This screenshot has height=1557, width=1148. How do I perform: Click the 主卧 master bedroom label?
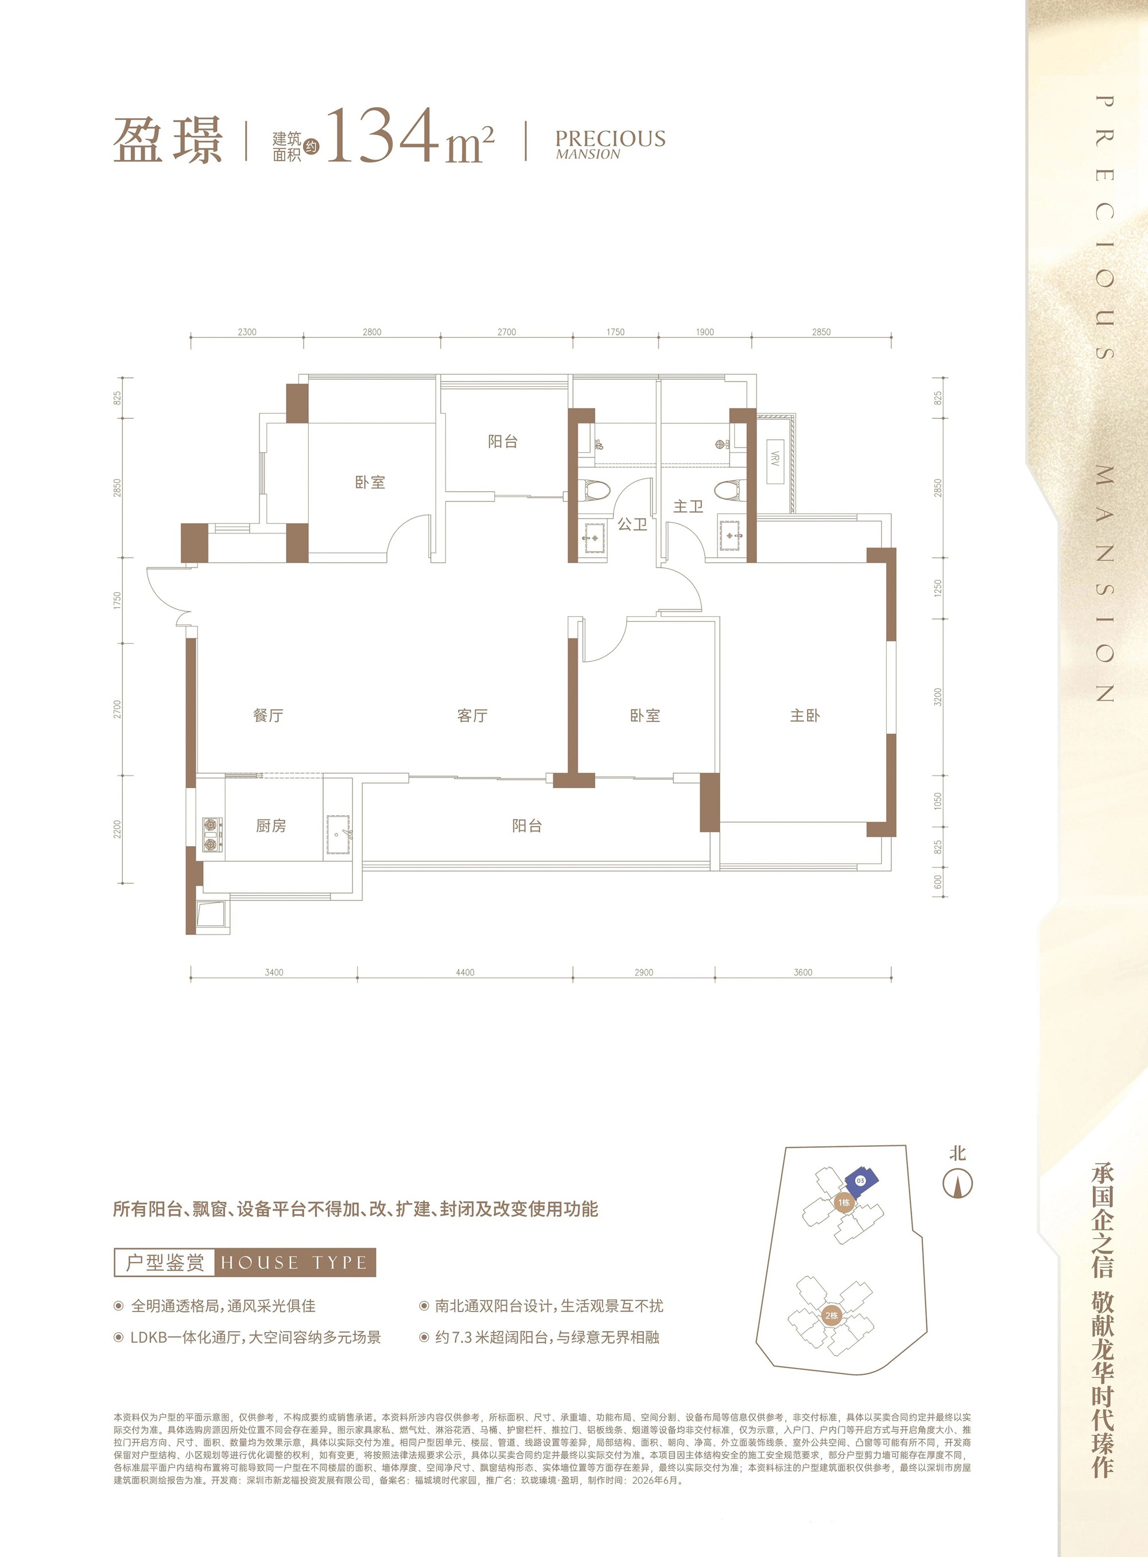tap(805, 715)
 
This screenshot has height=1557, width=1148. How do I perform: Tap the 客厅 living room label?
tap(472, 715)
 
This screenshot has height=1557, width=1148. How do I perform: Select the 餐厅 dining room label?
tap(268, 715)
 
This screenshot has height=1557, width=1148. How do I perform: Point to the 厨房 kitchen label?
tap(271, 826)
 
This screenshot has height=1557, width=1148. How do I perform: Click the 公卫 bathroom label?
tap(633, 524)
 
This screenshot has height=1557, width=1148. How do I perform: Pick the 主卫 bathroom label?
tap(688, 506)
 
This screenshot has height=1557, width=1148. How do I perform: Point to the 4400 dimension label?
tap(465, 972)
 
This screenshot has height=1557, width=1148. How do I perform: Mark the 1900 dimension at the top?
tap(705, 332)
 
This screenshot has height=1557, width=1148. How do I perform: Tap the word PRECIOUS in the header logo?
tap(610, 138)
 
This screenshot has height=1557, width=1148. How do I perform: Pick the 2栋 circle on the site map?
tap(831, 1316)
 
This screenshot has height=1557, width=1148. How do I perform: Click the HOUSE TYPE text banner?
tap(294, 1262)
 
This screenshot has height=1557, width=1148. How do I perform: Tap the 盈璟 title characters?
tap(168, 139)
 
